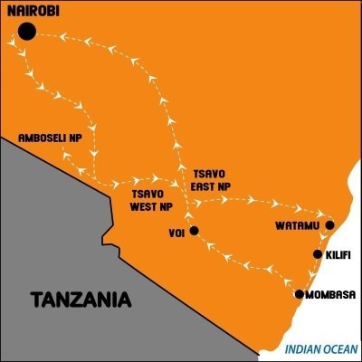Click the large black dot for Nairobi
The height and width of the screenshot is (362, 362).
tap(27, 32)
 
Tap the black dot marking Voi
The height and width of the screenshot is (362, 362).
tap(194, 230)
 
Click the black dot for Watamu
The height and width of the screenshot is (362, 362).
tap(330, 224)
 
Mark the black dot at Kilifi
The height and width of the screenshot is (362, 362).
tap(317, 255)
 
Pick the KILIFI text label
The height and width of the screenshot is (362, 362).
tap(338, 255)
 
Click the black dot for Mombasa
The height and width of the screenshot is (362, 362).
tap(300, 294)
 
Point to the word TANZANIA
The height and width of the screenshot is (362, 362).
tap(81, 298)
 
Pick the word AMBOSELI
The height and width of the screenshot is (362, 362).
tap(43, 138)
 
